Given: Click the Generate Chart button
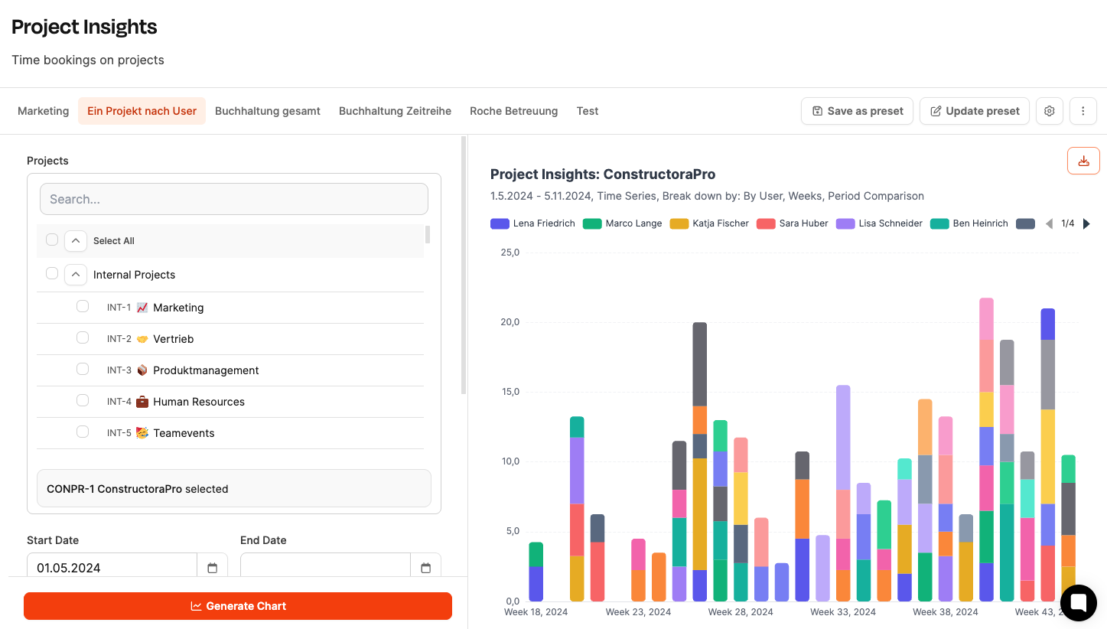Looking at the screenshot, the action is coord(238,606).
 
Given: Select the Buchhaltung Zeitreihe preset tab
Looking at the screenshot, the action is coord(395,111).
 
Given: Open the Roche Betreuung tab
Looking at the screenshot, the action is coord(513,111).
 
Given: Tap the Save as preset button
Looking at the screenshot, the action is coord(857,111).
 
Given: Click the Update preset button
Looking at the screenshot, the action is coord(974,111).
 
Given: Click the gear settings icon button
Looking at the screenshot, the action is coord(1049,111).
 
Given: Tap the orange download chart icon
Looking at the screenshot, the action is coord(1083,161).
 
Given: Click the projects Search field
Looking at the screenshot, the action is coord(234,199).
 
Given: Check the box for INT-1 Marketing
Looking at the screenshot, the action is coord(83,307).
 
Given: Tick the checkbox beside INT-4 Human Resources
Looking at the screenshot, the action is coord(83,400).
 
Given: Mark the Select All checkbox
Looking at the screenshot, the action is coord(52,240).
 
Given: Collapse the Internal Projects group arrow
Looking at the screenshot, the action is coord(76,275).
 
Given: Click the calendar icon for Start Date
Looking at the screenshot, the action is coord(213,568).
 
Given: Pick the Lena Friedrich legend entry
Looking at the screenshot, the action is coord(532,223).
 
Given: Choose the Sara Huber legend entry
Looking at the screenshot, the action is coord(793,223).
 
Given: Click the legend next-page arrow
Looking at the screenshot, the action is coord(1086,223).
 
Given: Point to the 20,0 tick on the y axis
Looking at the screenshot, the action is coord(510,322).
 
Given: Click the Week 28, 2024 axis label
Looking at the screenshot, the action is coord(741,612).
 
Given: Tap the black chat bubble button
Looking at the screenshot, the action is coord(1079,603).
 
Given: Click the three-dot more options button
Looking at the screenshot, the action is coord(1083,111).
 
